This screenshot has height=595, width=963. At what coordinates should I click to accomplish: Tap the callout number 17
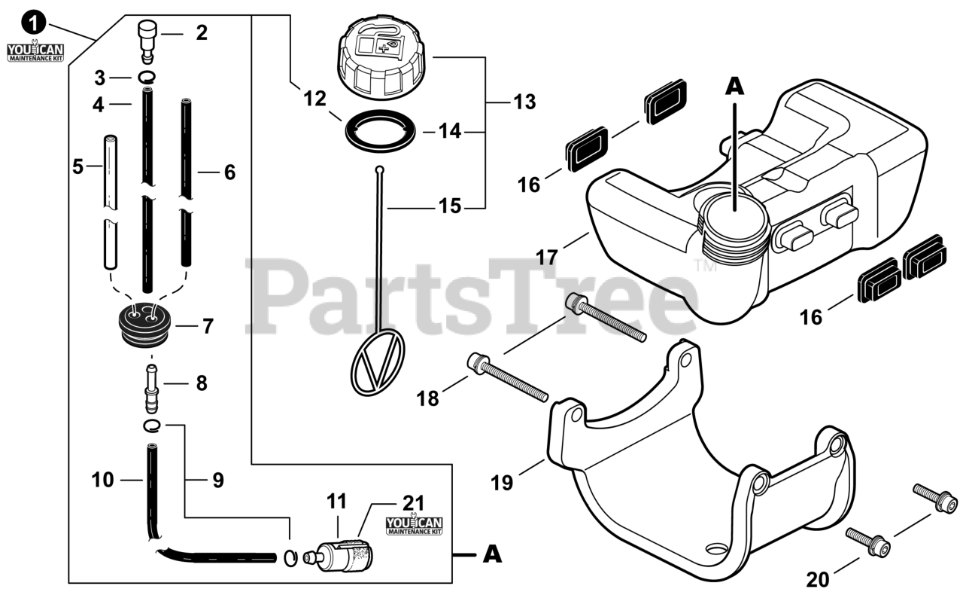[x=547, y=258]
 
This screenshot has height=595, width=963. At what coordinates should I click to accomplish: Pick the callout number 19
[x=502, y=482]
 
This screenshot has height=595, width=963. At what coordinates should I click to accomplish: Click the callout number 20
[x=819, y=580]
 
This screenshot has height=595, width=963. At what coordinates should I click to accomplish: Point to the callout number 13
[x=524, y=102]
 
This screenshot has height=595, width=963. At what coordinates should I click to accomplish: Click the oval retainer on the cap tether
[x=378, y=362]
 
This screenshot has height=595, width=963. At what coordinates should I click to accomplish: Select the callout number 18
[x=427, y=399]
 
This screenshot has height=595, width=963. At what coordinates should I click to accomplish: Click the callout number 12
[x=315, y=97]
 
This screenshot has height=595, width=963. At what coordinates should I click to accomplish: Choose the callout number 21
[x=414, y=503]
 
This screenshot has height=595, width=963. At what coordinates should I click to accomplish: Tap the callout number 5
[x=78, y=166]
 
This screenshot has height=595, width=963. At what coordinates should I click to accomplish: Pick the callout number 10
[x=102, y=479]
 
